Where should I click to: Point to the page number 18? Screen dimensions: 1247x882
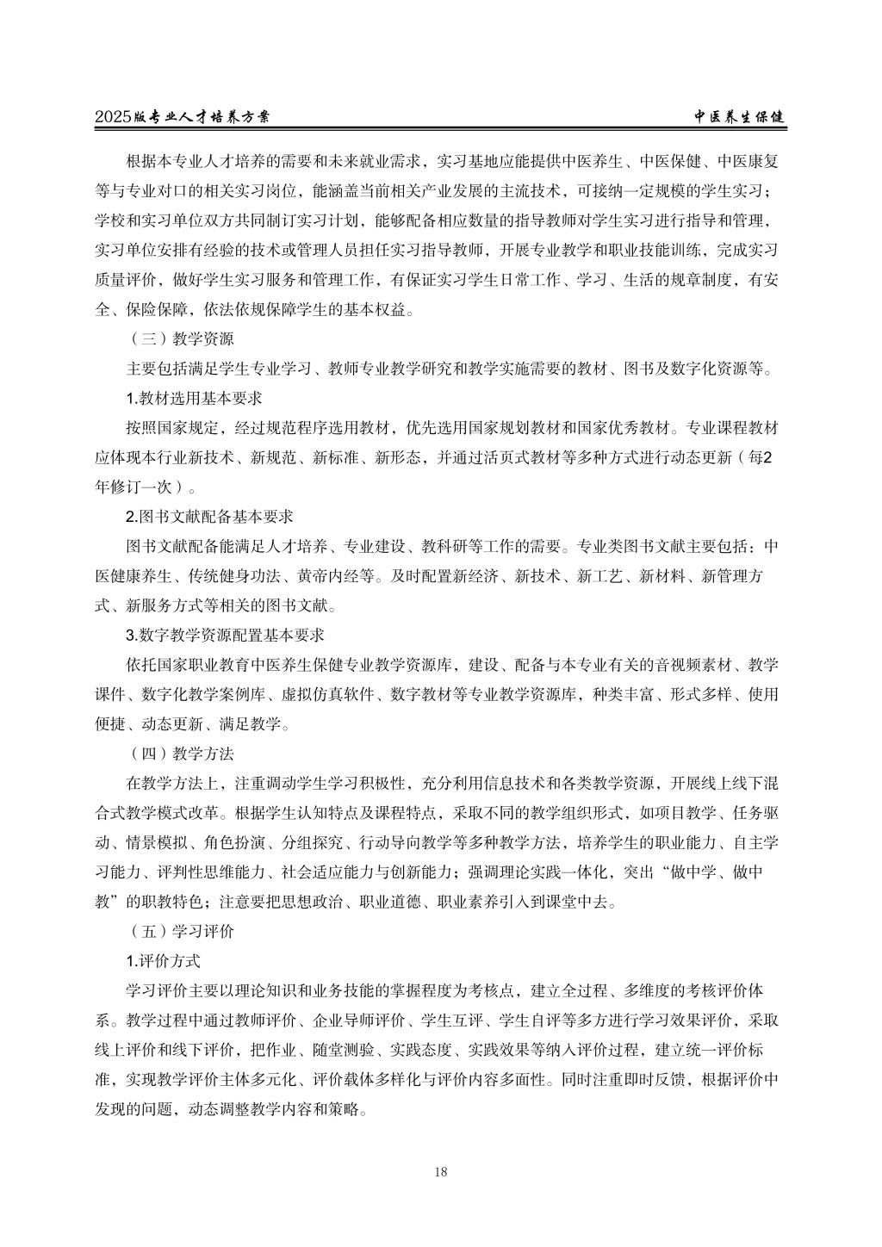click(441, 1170)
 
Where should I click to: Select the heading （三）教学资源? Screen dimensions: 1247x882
click(179, 338)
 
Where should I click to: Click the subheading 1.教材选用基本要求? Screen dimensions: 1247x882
click(194, 398)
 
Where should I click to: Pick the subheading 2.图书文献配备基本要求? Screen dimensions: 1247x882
click(209, 517)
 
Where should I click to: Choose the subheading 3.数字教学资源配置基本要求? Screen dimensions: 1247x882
click(225, 636)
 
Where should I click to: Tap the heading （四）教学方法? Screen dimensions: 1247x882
click(179, 754)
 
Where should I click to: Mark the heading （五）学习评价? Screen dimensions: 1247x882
click(179, 932)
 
